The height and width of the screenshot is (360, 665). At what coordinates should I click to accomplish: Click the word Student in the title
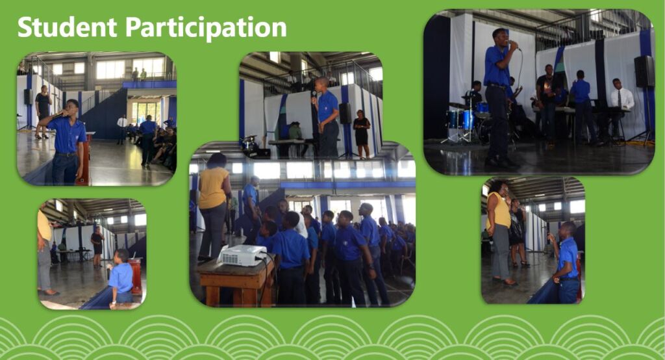click(x=67, y=27)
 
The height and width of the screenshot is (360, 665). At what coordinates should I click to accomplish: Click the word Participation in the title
click(x=206, y=28)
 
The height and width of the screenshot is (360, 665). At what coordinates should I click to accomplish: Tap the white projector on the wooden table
click(x=243, y=255)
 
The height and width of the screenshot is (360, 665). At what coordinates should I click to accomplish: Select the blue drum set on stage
click(x=466, y=120)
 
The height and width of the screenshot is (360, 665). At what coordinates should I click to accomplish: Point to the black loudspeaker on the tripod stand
click(x=644, y=71)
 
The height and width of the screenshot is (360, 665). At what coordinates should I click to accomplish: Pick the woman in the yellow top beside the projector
click(x=214, y=207)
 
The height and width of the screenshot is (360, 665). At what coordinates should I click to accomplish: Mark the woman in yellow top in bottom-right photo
click(x=500, y=232)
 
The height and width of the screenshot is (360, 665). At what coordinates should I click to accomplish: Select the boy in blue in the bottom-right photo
click(x=566, y=263)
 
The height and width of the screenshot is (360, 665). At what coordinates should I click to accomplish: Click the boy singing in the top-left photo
click(x=66, y=142)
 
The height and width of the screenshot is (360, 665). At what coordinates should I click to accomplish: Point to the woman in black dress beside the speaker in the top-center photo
click(x=361, y=134)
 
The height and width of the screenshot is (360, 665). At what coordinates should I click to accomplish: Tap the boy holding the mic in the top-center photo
click(x=326, y=118)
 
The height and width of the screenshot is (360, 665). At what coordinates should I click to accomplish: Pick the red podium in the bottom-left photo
click(x=136, y=276)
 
